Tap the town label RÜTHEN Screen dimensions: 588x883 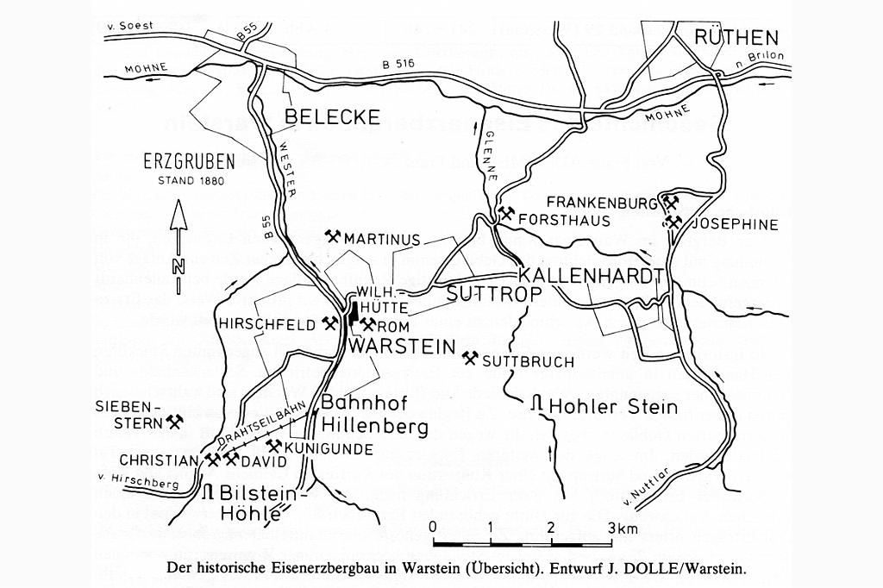point(736,37)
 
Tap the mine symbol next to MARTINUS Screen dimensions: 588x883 point(334,236)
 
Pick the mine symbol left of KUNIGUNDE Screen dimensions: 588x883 point(273,447)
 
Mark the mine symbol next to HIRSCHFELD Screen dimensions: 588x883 point(329,322)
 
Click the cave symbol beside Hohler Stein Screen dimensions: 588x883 point(536,404)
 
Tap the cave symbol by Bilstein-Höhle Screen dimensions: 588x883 point(208,492)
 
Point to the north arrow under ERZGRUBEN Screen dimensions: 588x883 point(178,246)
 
